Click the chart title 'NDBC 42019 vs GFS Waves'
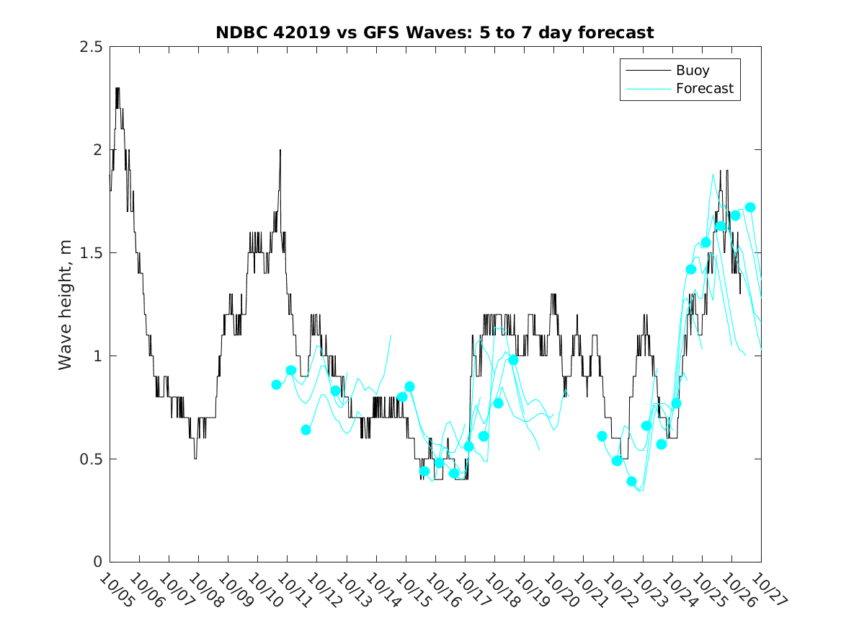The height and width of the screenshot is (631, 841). [x=435, y=32]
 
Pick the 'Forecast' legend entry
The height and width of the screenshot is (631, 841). [x=704, y=89]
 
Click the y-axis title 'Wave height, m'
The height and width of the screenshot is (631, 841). [x=66, y=305]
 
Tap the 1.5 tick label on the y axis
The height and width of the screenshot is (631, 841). [x=91, y=253]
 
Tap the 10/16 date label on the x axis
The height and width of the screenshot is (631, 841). [x=440, y=590]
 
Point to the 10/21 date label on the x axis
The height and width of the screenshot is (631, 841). [x=588, y=590]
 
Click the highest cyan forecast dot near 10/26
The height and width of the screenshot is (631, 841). [x=750, y=208]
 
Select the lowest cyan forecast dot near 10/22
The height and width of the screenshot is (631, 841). [x=632, y=482]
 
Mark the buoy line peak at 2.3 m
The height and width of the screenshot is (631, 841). [x=117, y=89]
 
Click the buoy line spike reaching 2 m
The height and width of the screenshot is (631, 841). [x=280, y=150]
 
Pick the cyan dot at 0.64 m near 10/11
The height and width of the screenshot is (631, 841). [x=306, y=430]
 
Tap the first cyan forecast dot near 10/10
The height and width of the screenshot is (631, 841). [x=276, y=384]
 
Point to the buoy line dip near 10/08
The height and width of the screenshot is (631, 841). [x=195, y=458]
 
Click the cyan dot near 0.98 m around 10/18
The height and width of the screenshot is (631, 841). [x=513, y=360]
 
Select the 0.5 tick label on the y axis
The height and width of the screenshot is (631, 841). [x=91, y=459]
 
